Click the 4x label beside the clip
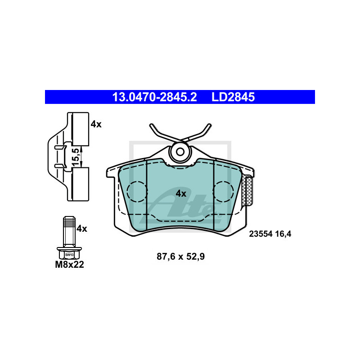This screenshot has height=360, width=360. pos(96,124)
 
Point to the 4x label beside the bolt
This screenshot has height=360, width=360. pos(81,228)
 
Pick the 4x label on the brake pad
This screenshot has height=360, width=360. pos(180,193)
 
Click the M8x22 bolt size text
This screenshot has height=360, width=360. pos(69,265)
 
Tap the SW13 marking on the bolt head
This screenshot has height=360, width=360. pos(68,255)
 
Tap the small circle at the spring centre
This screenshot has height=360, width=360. pos(180,152)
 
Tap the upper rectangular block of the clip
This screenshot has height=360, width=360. pos(81,129)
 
